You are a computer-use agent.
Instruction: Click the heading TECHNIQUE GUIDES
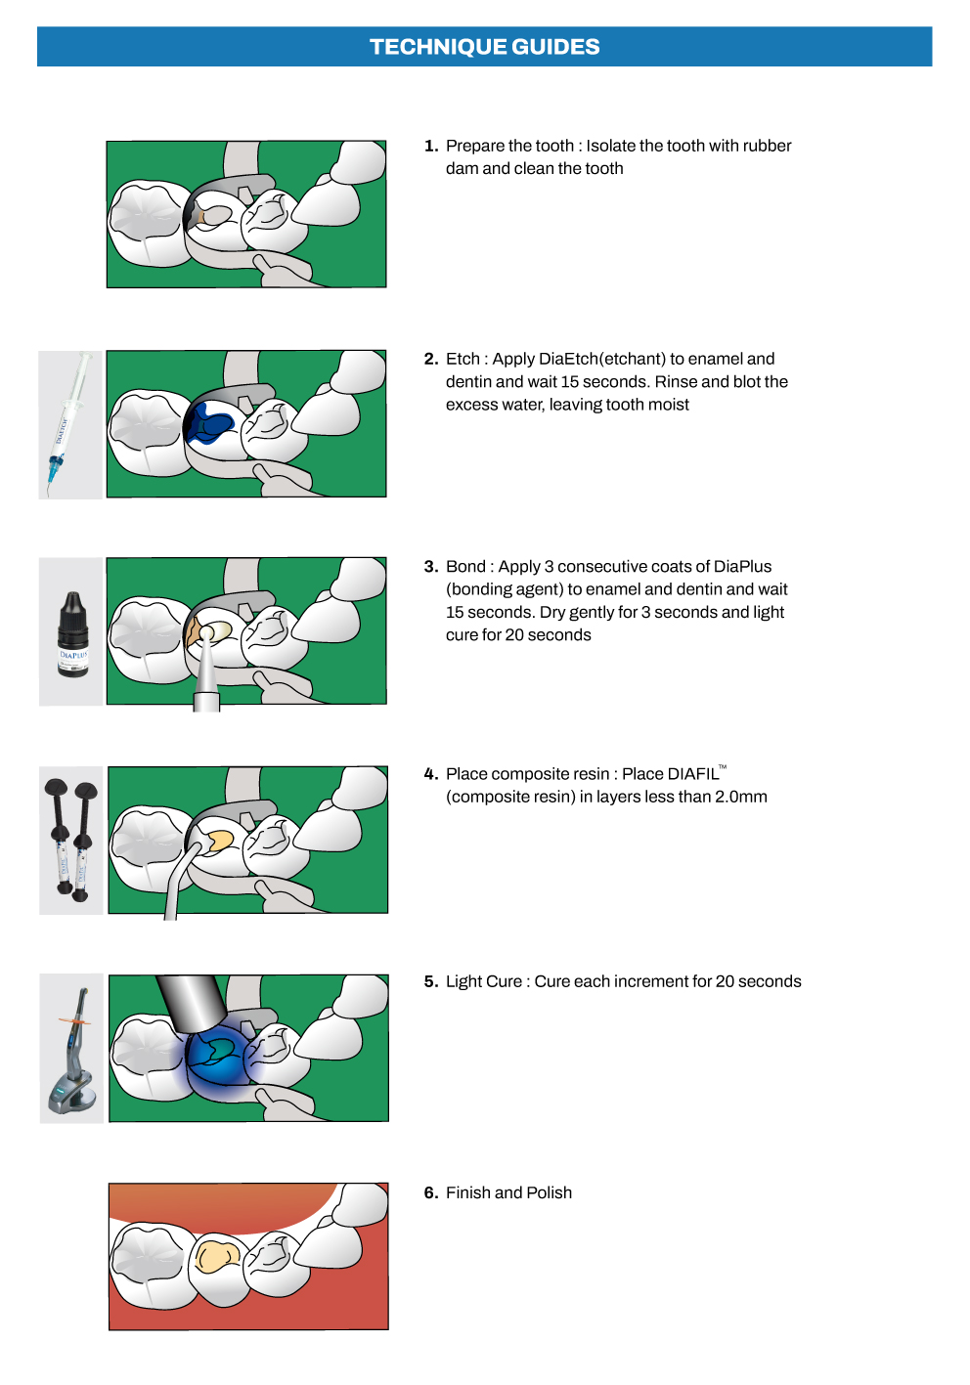[x=484, y=47]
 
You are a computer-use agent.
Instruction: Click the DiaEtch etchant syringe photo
[x=67, y=424]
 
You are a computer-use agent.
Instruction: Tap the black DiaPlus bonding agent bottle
[x=73, y=634]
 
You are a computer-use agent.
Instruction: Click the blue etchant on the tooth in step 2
[x=210, y=422]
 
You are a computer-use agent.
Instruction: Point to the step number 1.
[x=431, y=146]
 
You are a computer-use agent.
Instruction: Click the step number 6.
[x=431, y=1192]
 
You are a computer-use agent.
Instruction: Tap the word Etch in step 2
[x=463, y=360]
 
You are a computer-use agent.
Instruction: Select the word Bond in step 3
[x=465, y=567]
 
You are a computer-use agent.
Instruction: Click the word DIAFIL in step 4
[x=693, y=774]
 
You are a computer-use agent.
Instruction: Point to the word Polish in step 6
[x=549, y=1192]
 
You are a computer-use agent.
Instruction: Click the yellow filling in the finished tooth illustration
[x=217, y=1256]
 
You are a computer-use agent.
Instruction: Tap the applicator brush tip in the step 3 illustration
[x=207, y=633]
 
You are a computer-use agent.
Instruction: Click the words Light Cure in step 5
[x=483, y=982]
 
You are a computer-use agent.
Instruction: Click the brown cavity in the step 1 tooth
[x=199, y=217]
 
